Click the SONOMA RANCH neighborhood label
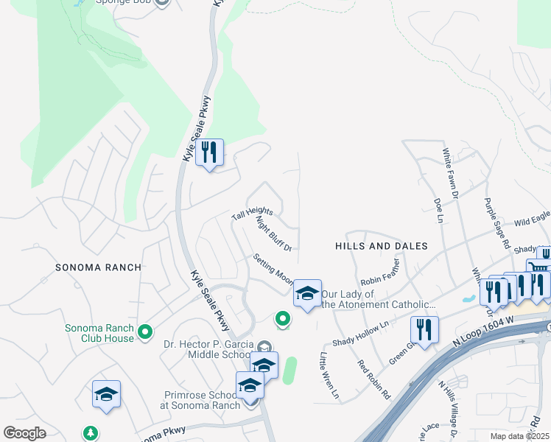point(97,267)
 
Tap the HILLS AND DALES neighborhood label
point(381,245)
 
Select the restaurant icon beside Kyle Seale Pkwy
point(210,153)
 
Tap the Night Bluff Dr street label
point(274,234)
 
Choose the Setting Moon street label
point(273,270)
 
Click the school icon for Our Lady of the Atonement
point(307,293)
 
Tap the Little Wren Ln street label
point(329,376)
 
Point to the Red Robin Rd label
point(373,379)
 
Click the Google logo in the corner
point(25,432)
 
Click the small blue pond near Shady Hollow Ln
point(466,300)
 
